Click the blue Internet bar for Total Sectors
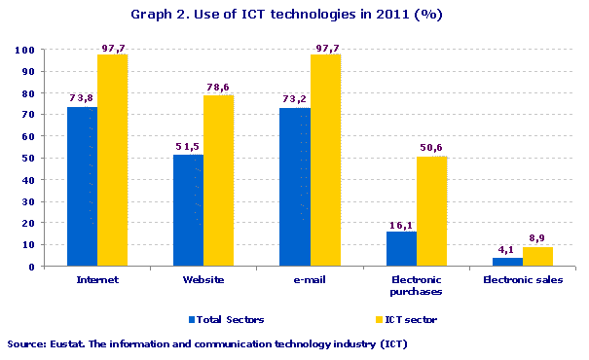click(x=82, y=186)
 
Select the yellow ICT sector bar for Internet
click(x=112, y=161)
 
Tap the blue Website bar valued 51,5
click(x=188, y=210)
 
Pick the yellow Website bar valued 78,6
click(x=219, y=181)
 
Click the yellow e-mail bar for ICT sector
click(x=326, y=161)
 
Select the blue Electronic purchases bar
click(x=401, y=248)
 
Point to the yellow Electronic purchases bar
click(x=432, y=211)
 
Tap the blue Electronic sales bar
click(x=507, y=262)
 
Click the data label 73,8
click(x=82, y=98)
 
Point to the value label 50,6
click(x=430, y=148)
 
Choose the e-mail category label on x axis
click(x=310, y=279)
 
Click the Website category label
click(x=203, y=279)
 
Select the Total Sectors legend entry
click(x=227, y=319)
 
